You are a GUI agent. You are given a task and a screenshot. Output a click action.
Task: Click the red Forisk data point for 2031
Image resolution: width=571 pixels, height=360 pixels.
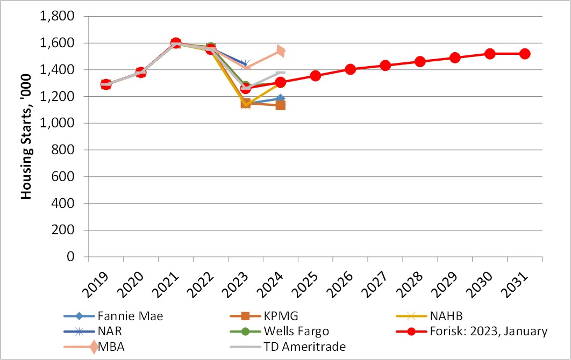tap(525, 54)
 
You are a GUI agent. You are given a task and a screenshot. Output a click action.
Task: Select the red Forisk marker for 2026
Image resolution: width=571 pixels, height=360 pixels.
tap(351, 69)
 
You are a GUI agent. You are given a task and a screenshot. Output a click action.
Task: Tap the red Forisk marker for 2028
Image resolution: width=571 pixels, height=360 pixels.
tap(420, 62)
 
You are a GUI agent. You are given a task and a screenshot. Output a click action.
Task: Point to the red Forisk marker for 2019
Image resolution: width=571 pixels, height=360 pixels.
tap(106, 84)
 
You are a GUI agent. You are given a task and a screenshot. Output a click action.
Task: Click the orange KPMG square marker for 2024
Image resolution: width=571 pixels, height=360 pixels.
tap(281, 105)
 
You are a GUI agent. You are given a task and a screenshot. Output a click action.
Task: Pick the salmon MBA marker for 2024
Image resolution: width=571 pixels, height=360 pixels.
tap(281, 51)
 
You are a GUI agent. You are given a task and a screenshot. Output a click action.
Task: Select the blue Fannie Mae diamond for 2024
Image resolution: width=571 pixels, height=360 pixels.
tap(281, 99)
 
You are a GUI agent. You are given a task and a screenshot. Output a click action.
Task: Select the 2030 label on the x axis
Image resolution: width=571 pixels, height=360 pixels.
tap(483, 283)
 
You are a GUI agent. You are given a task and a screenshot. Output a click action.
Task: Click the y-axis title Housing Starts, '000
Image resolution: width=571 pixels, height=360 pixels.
tap(26, 137)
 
